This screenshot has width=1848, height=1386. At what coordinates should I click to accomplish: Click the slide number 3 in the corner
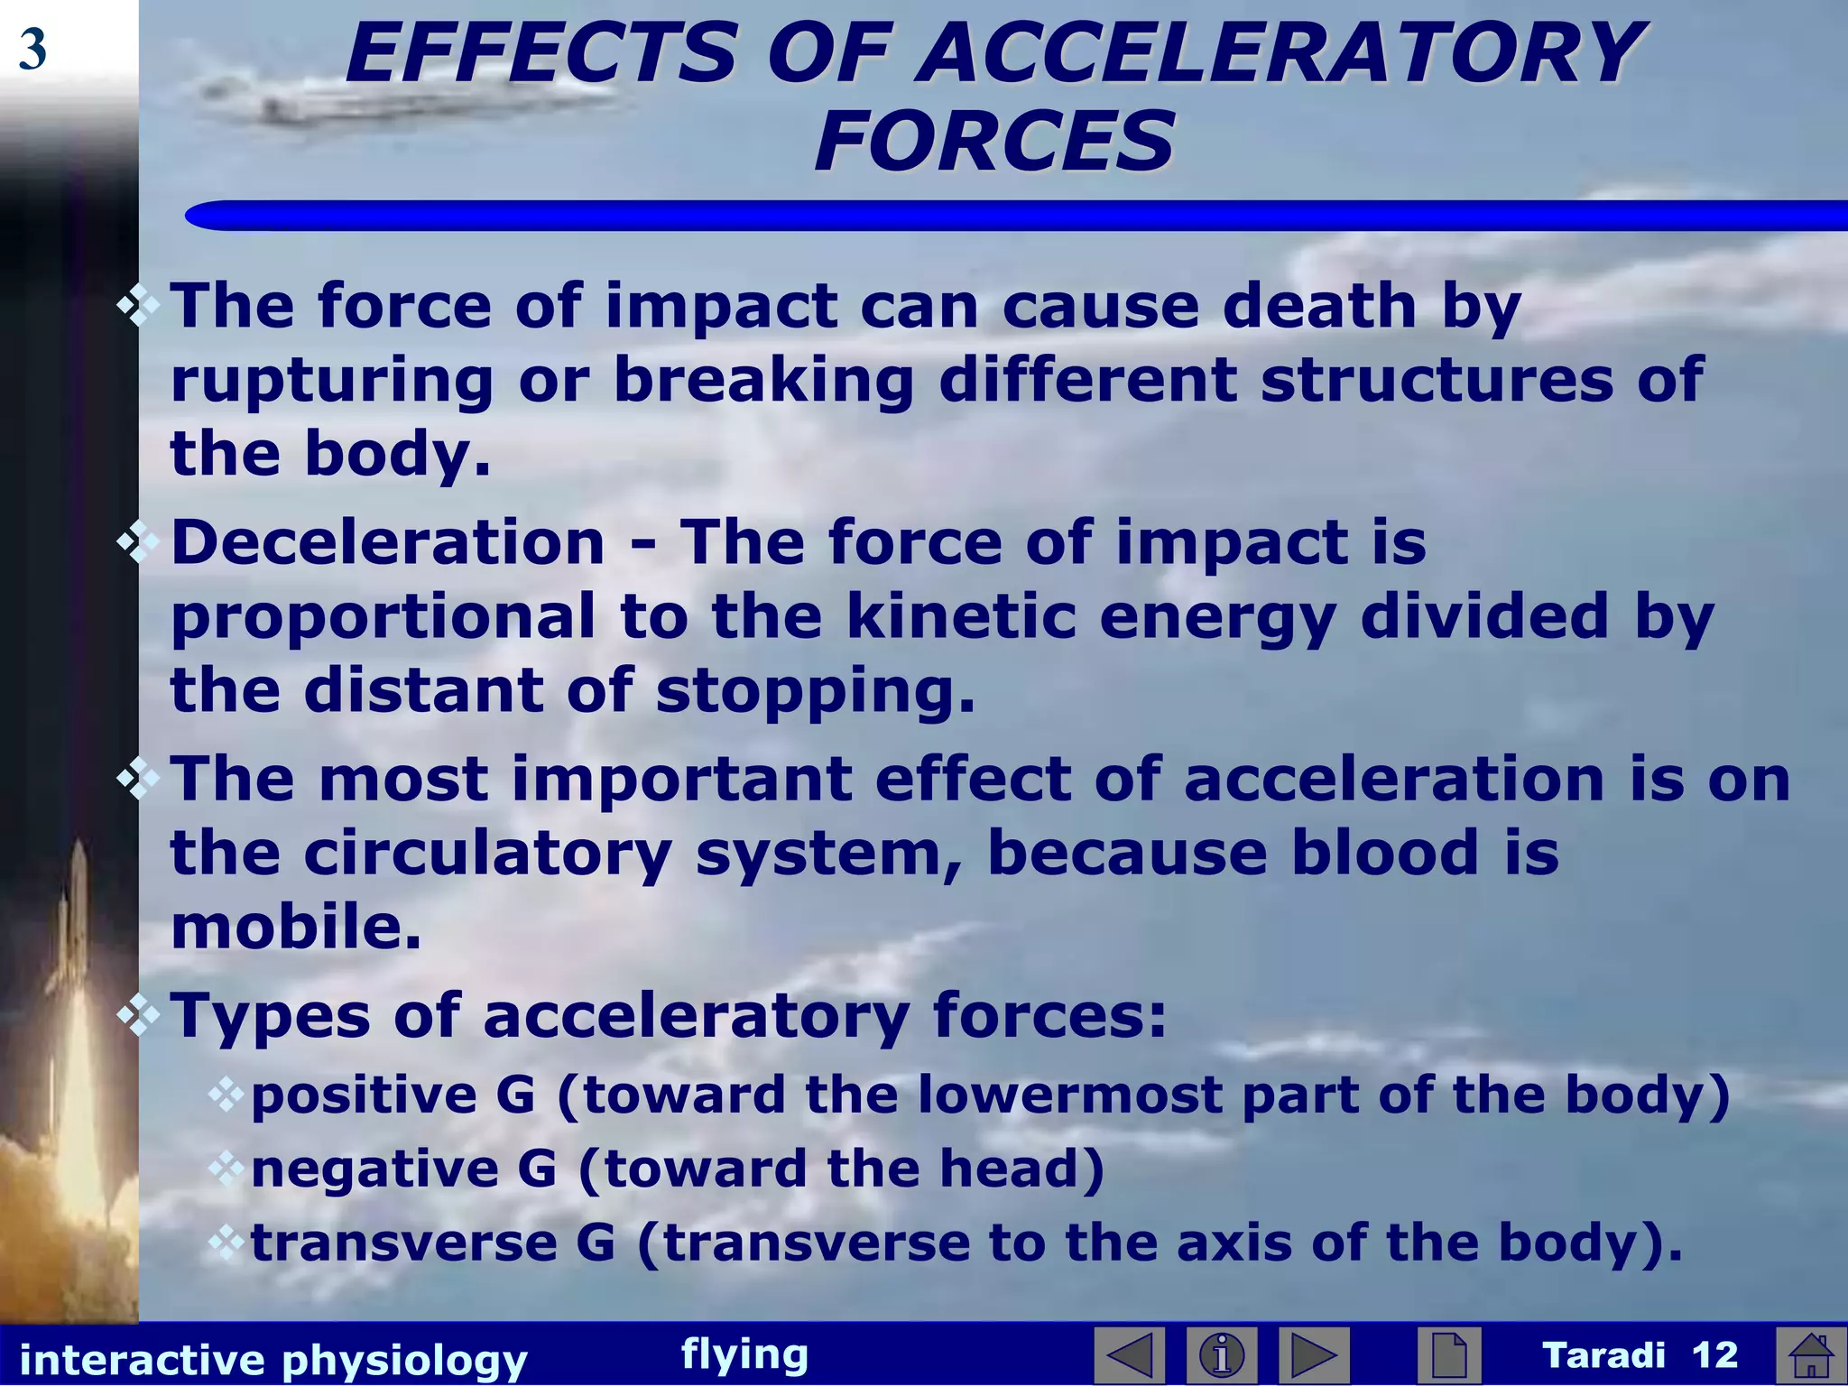[32, 51]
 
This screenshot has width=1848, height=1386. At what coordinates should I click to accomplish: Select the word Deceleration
[388, 543]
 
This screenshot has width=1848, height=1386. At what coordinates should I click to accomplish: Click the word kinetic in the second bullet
[961, 617]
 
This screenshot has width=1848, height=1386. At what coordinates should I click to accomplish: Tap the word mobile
[296, 928]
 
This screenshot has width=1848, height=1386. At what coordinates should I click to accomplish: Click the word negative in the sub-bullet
[374, 1169]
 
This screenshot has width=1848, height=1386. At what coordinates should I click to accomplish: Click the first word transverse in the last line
[404, 1243]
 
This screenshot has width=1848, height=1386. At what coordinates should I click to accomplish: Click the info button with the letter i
[1223, 1355]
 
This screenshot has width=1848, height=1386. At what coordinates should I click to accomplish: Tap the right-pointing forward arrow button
[1314, 1355]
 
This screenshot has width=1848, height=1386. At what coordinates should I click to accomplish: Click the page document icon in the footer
[1448, 1355]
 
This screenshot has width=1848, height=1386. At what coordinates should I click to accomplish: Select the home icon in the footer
[1810, 1355]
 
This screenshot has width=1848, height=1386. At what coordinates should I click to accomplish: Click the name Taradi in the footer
[1603, 1355]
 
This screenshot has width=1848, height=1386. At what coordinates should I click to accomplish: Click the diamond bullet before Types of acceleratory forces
[137, 1016]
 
